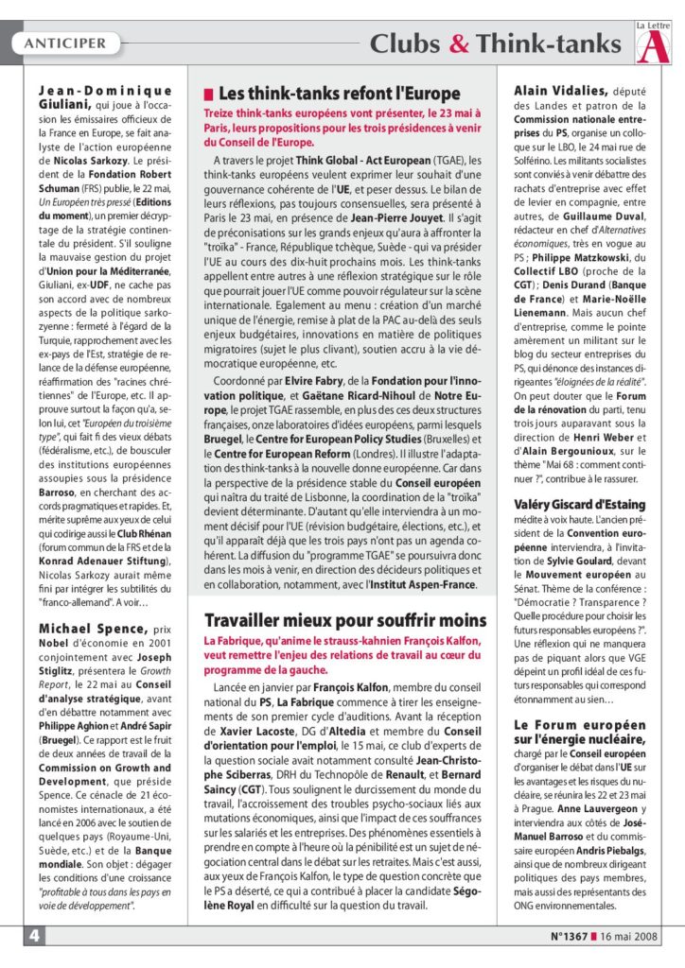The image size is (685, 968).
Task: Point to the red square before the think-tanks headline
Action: [x=208, y=94]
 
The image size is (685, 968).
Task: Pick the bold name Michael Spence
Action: [x=92, y=629]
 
